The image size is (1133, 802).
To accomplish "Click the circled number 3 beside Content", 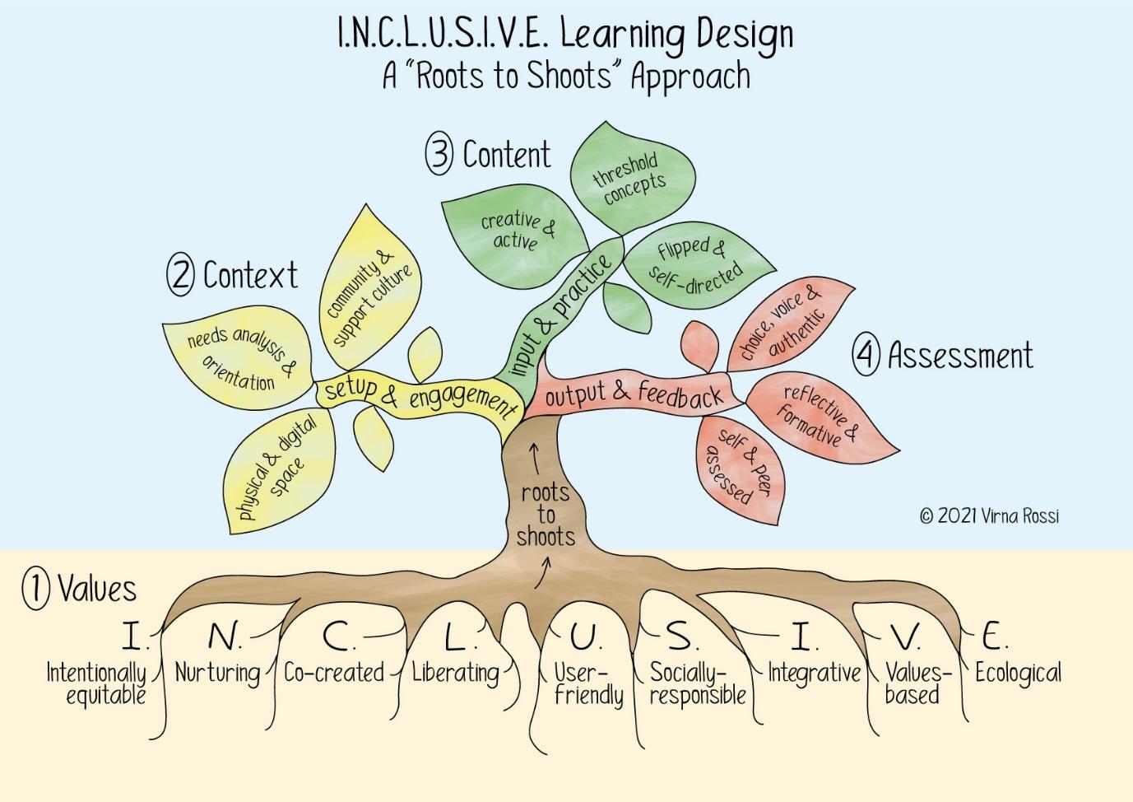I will tap(439, 155).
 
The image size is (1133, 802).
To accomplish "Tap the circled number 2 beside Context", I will tap(180, 275).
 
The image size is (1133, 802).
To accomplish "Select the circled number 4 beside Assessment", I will tap(865, 356).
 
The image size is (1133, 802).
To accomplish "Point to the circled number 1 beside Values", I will tap(35, 590).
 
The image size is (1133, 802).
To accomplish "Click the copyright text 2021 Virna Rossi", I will tap(989, 516).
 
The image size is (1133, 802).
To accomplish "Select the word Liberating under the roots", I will tap(456, 673).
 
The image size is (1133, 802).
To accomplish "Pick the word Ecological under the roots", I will tap(1018, 673).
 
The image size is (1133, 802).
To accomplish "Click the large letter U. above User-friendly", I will tap(586, 636).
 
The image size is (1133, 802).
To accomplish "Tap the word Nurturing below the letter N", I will tap(217, 673).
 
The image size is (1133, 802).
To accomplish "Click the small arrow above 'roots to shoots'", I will tap(535, 458).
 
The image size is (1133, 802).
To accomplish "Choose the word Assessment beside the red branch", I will tap(960, 356).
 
